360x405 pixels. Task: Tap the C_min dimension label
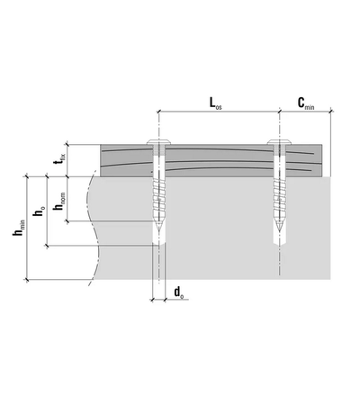[x=306, y=104]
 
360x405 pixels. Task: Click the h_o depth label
[x=38, y=212]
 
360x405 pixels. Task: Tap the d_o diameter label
[x=180, y=292]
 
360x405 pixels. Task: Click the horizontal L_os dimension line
[x=216, y=113]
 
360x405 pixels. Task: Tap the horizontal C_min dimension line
[x=306, y=113]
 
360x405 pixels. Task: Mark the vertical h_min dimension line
[x=29, y=229]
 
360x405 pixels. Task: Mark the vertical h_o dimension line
[x=49, y=211]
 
